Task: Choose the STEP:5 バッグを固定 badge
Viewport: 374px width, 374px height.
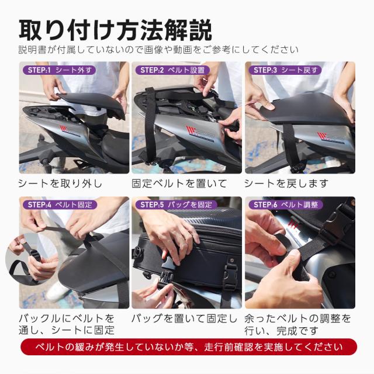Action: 174,205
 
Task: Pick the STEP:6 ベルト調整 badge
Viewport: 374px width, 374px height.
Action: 286,205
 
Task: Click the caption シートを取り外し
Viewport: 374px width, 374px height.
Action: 60,183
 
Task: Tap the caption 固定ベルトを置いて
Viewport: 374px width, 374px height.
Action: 179,183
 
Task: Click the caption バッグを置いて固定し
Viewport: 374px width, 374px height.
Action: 184,318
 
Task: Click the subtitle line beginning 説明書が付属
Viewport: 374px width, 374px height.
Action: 158,49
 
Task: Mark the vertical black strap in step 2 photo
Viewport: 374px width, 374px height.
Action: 151,126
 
